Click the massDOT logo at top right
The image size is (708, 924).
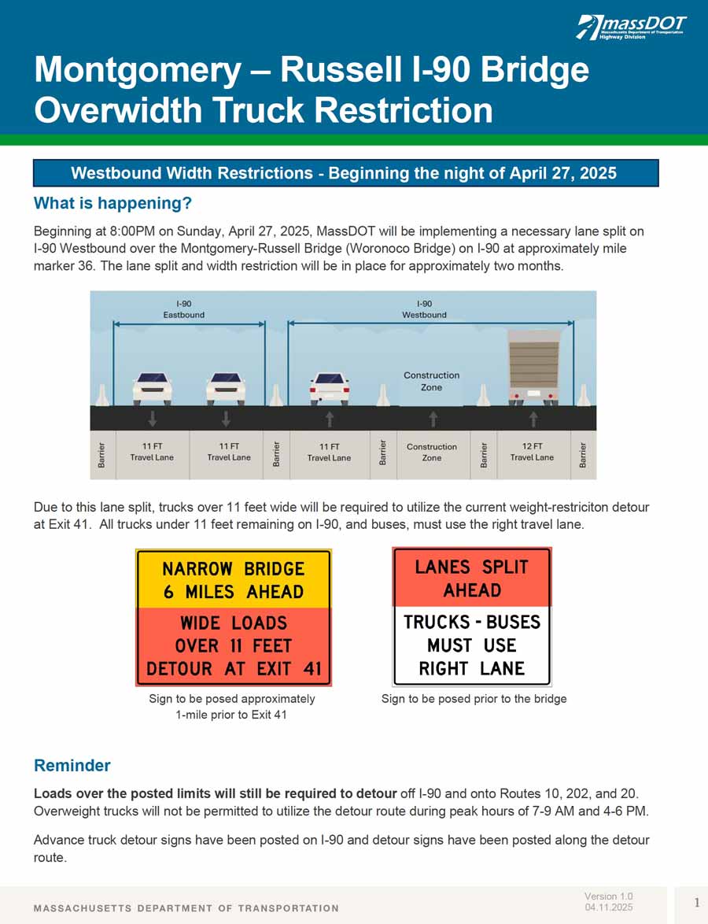(x=632, y=28)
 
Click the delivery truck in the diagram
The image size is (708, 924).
(x=533, y=366)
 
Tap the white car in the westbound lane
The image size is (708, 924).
(x=329, y=387)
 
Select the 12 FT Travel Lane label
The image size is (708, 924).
(x=532, y=452)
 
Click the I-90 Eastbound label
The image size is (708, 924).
(x=184, y=309)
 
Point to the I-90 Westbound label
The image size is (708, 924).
(x=424, y=309)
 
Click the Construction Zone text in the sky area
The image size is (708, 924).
(x=431, y=381)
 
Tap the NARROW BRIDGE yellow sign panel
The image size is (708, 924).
(x=234, y=579)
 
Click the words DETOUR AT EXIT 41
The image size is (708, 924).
(x=234, y=669)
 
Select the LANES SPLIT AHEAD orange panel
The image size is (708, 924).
(x=472, y=578)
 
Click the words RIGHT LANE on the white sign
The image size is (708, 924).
(x=472, y=668)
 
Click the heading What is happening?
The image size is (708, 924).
(x=112, y=204)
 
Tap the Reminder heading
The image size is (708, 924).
(x=72, y=766)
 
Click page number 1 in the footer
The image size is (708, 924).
(x=697, y=902)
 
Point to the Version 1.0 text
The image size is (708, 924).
(x=608, y=896)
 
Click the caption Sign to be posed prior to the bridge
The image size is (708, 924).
(x=474, y=699)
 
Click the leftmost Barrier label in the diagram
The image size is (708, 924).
(x=102, y=455)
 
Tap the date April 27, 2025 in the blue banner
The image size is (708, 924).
(x=561, y=173)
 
